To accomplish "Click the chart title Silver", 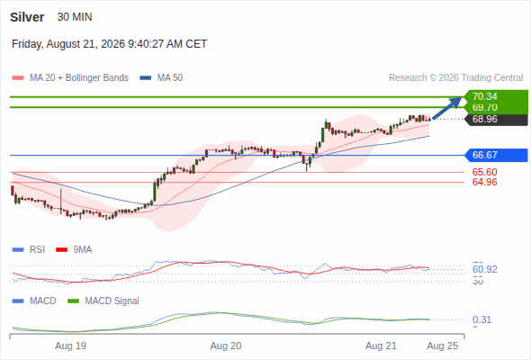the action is (27, 17).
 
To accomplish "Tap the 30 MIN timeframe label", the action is (75, 17).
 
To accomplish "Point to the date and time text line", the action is (110, 44).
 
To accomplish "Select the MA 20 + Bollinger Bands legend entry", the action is (70, 78).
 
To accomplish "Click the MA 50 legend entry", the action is (161, 78).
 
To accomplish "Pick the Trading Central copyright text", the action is (455, 78).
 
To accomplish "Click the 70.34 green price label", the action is (485, 96).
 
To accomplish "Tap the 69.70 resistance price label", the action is (485, 107).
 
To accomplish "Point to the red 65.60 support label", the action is (485, 172).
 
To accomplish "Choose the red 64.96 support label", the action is (485, 182).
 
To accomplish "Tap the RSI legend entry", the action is (29, 250).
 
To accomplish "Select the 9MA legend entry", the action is (74, 250).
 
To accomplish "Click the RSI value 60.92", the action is (485, 270).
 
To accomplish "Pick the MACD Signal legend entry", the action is (103, 301).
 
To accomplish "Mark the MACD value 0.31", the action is (481, 319).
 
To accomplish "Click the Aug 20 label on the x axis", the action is (226, 346).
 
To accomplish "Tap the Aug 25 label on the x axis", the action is (443, 346).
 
